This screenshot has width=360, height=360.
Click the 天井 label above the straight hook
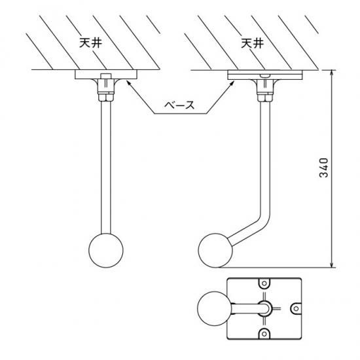click(90, 43)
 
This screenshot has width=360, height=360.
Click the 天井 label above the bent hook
click(252, 43)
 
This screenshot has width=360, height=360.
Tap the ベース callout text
click(179, 105)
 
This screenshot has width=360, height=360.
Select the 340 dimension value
click(324, 168)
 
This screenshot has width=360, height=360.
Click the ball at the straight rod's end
click(106, 250)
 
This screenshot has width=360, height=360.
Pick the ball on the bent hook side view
click(215, 250)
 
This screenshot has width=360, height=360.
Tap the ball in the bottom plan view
click(215, 308)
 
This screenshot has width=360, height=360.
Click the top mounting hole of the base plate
click(264, 283)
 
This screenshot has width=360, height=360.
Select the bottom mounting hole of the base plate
click(264, 334)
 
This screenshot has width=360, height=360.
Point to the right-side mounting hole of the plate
click(296, 308)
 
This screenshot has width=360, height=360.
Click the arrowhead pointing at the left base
click(128, 82)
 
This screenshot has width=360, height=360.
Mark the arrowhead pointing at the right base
click(232, 83)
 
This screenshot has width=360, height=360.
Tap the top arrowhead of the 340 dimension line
click(331, 73)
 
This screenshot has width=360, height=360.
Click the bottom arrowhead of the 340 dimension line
click(331, 264)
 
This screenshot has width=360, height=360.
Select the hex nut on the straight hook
click(106, 98)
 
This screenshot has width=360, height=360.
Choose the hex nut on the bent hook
click(265, 98)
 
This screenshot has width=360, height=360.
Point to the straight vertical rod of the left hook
click(106, 168)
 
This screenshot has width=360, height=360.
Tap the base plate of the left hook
click(106, 75)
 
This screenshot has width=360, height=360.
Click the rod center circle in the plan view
click(264, 308)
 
